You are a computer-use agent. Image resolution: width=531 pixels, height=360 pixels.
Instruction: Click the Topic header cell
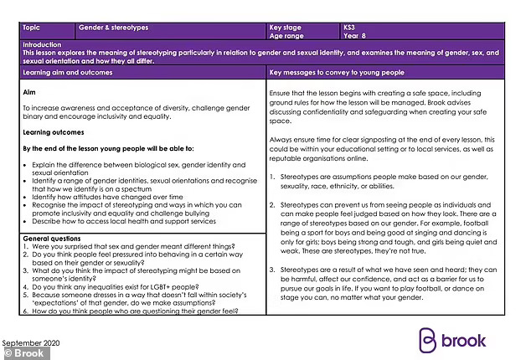pyautogui.click(x=34, y=27)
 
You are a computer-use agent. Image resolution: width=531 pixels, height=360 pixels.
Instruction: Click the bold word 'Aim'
pyautogui.click(x=29, y=94)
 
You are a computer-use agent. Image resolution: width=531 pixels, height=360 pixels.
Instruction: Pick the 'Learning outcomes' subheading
pyautogui.click(x=53, y=132)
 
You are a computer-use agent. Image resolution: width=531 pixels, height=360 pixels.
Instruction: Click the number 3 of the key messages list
pyautogui.click(x=273, y=269)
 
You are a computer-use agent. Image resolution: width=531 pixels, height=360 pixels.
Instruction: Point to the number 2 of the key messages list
pyautogui.click(x=273, y=204)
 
